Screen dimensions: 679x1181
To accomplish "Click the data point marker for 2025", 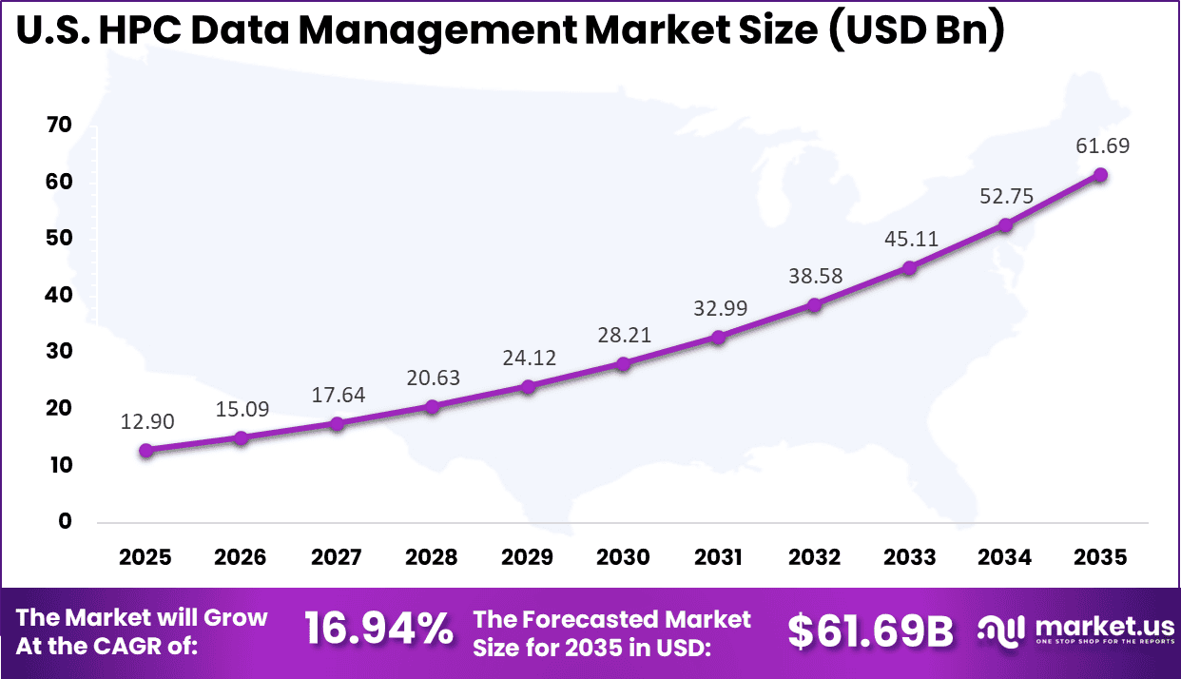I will pyautogui.click(x=145, y=450).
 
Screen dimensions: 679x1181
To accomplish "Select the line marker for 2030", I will pyautogui.click(x=623, y=363).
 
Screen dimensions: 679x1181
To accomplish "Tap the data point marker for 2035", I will pyautogui.click(x=1100, y=174).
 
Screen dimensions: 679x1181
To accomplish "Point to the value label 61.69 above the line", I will pyautogui.click(x=1100, y=146).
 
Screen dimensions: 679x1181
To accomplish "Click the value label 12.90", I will pyautogui.click(x=145, y=421).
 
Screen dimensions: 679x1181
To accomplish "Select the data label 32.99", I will pyautogui.click(x=719, y=308).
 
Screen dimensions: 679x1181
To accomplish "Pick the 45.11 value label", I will pyautogui.click(x=910, y=240).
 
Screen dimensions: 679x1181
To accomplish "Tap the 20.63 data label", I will pyautogui.click(x=432, y=378).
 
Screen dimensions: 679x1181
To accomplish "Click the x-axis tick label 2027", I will pyautogui.click(x=337, y=557).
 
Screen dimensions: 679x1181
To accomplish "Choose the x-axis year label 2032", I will pyautogui.click(x=814, y=557).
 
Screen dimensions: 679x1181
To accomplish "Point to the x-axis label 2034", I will pyautogui.click(x=1005, y=557).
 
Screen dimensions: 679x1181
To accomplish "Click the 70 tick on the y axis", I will pyautogui.click(x=57, y=126).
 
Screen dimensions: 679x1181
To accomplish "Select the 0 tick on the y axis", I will pyautogui.click(x=65, y=521).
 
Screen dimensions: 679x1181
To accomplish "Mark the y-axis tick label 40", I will pyautogui.click(x=57, y=295).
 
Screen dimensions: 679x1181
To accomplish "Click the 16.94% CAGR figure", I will pyautogui.click(x=378, y=630).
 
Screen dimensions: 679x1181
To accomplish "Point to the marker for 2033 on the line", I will pyautogui.click(x=910, y=268).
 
